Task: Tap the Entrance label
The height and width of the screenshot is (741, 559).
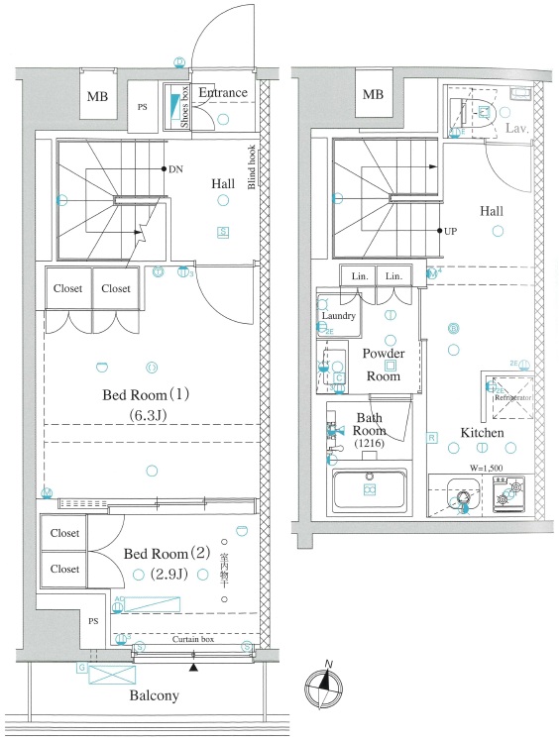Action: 222,93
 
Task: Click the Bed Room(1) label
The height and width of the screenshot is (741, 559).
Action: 147,395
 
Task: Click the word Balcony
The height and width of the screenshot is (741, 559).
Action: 154,695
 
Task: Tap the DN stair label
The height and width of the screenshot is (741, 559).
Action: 175,169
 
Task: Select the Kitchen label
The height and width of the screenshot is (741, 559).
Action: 482,433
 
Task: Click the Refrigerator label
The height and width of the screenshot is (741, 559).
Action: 513,397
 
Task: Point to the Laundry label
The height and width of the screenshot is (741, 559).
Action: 337,315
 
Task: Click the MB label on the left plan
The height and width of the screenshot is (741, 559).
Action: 97,96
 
